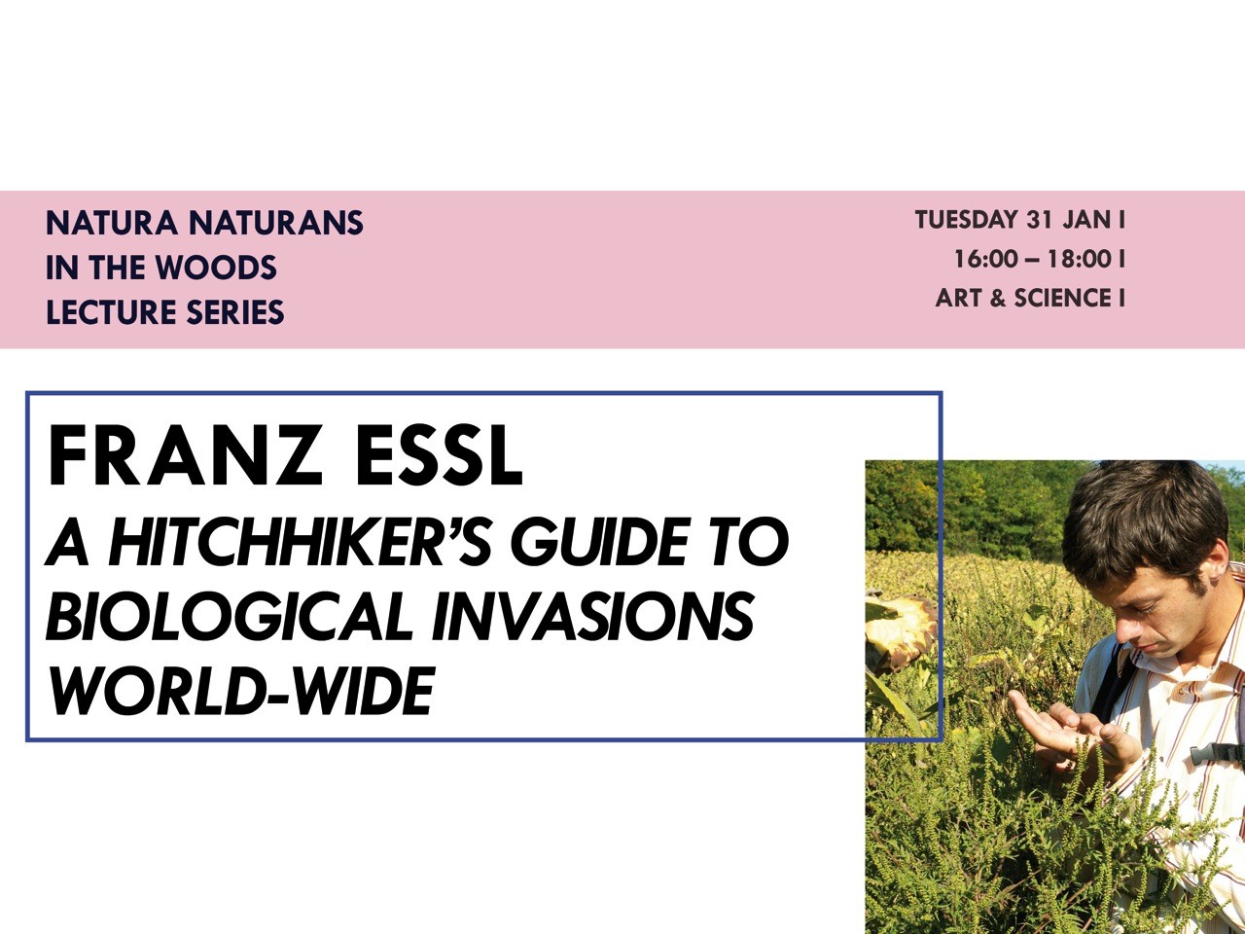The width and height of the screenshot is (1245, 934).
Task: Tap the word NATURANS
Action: [276, 222]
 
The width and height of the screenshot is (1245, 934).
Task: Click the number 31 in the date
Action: [1039, 220]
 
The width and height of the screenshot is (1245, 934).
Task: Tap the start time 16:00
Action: [986, 260]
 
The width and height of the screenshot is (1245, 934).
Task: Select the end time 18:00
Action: [1080, 260]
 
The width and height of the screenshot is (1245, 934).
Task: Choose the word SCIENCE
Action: [1063, 299]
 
